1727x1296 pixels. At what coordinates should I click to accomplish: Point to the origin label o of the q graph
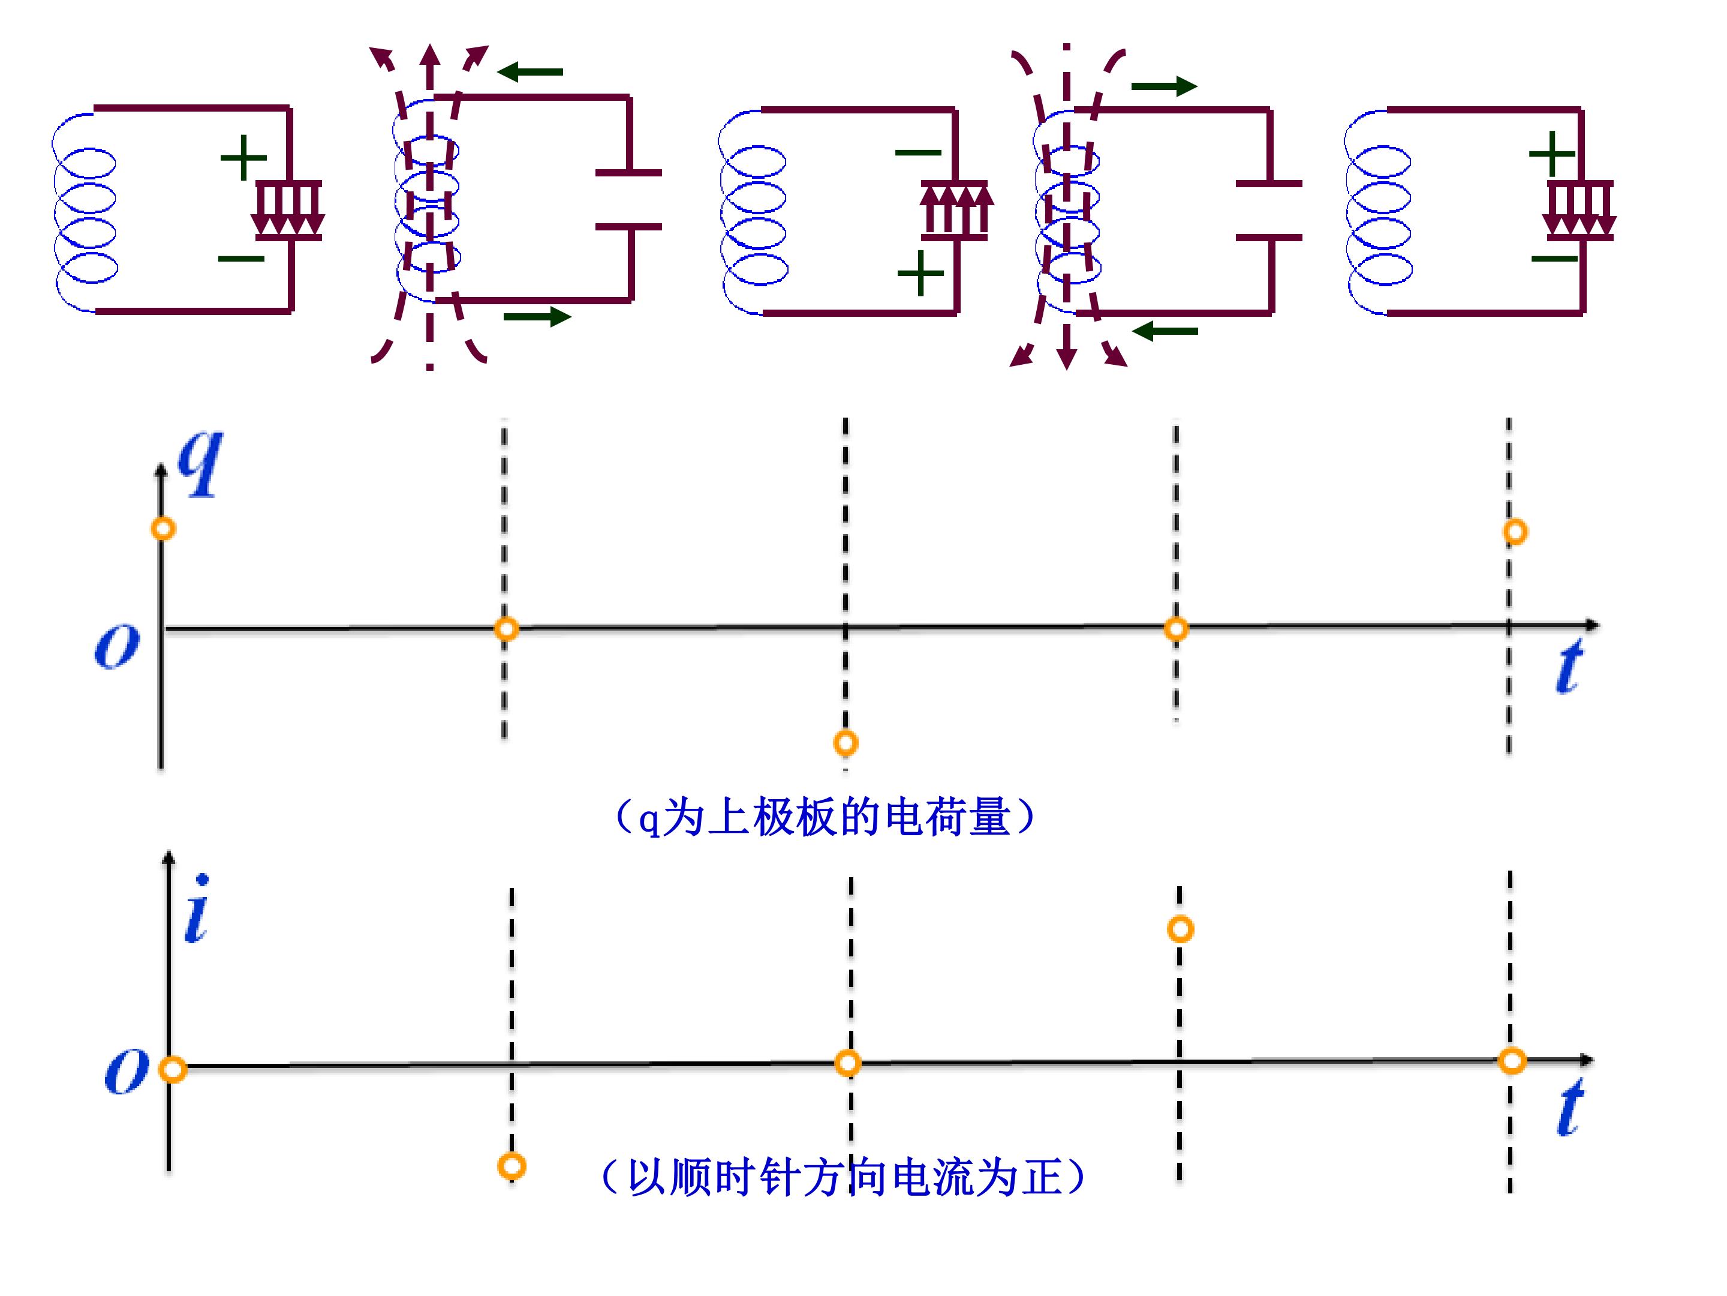click(x=117, y=646)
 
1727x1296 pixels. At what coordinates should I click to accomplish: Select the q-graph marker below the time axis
click(x=846, y=742)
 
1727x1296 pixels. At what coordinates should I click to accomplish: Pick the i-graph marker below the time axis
click(x=512, y=1166)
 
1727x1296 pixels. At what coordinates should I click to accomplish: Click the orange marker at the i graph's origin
click(x=173, y=1069)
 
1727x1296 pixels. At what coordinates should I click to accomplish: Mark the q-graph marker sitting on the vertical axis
click(x=163, y=529)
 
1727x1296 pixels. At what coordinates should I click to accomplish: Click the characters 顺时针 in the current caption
click(x=714, y=1177)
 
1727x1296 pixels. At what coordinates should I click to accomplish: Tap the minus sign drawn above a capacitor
click(x=918, y=152)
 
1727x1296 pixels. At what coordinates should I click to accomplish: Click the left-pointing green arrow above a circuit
click(x=529, y=72)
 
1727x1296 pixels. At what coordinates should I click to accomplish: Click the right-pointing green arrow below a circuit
click(x=538, y=316)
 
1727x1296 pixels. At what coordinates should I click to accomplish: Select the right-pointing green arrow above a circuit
click(x=1164, y=86)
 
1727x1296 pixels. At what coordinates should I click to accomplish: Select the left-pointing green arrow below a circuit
click(x=1165, y=331)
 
